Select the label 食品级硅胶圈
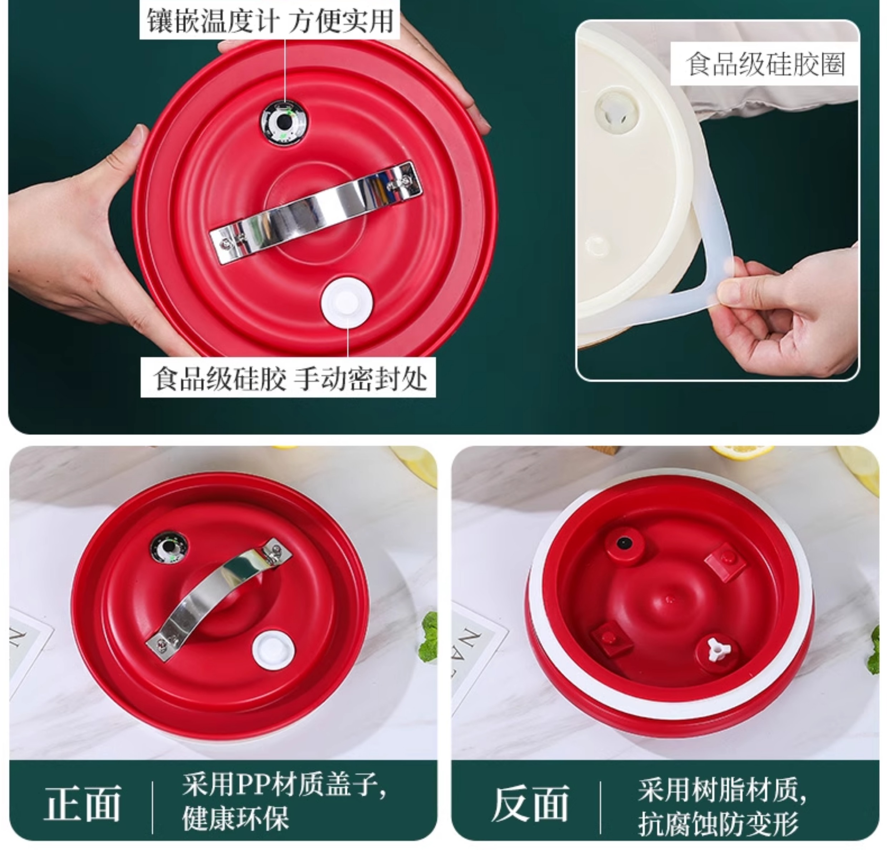click(x=765, y=64)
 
